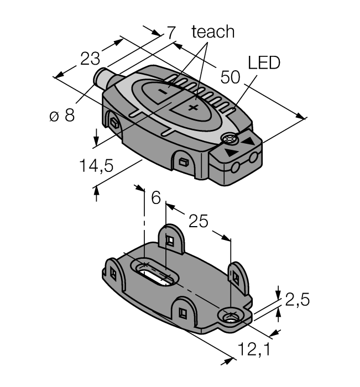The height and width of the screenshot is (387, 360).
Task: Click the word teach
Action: pyautogui.click(x=213, y=32)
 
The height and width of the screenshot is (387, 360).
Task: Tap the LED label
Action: pyautogui.click(x=264, y=62)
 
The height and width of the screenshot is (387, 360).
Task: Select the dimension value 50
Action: pyautogui.click(x=230, y=77)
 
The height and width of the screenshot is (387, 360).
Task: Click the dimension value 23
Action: pyautogui.click(x=90, y=59)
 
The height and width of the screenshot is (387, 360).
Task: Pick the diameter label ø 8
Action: pyautogui.click(x=61, y=116)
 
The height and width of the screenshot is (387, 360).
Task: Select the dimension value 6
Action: pyautogui.click(x=155, y=197)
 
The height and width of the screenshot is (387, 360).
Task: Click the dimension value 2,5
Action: pyautogui.click(x=297, y=300)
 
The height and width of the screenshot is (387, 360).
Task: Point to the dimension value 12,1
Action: pyautogui.click(x=255, y=349)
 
